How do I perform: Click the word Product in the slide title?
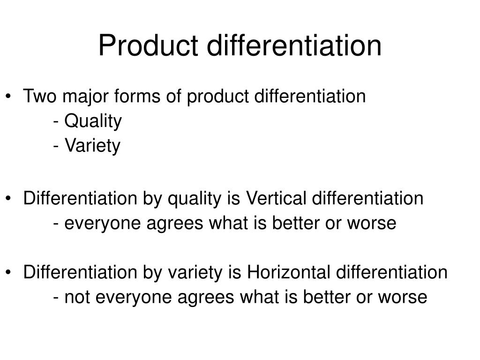click(x=148, y=45)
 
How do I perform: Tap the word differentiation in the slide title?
click(x=294, y=45)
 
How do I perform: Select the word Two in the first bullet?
click(x=40, y=96)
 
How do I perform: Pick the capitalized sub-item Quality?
click(x=93, y=121)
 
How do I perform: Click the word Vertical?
click(x=276, y=198)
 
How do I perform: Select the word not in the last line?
click(x=77, y=297)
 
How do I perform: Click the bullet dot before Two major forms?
click(x=8, y=96)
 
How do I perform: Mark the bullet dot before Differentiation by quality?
click(x=8, y=198)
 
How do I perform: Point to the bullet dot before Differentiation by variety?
click(x=8, y=272)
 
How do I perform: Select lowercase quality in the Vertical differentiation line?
click(x=195, y=199)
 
